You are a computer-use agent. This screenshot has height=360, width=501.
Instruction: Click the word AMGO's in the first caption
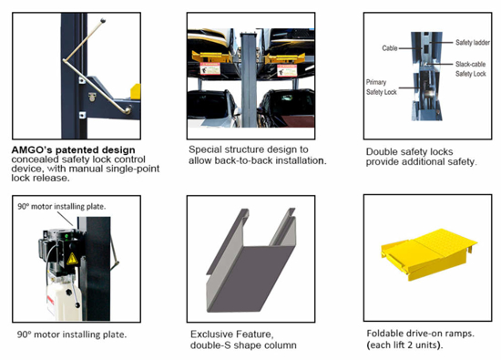coord(31,150)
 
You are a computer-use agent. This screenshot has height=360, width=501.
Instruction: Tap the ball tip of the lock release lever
coord(103,21)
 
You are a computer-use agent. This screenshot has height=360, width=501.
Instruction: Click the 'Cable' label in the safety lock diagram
coord(390,48)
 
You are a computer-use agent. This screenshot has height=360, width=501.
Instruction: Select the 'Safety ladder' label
coord(473,43)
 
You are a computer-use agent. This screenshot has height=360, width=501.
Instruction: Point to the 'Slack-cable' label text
coord(470,64)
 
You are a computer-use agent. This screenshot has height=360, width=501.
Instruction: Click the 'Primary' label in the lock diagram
coord(376,82)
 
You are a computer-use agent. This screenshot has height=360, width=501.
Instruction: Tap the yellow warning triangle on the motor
coord(72,259)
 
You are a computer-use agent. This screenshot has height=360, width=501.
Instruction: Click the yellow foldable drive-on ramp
coord(428,253)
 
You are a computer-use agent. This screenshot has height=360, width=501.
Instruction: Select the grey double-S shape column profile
coord(251,260)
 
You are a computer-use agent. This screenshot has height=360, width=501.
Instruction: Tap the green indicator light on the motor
coord(66,237)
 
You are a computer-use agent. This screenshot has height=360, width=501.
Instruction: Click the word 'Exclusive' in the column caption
coord(211,334)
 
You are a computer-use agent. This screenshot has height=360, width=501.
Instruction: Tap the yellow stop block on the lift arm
coord(136,91)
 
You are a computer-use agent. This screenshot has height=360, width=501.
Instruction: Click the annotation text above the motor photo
coord(61,207)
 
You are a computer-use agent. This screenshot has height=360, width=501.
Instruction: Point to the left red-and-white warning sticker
coord(210,68)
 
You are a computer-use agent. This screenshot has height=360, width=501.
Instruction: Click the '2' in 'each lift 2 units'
coord(407,345)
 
